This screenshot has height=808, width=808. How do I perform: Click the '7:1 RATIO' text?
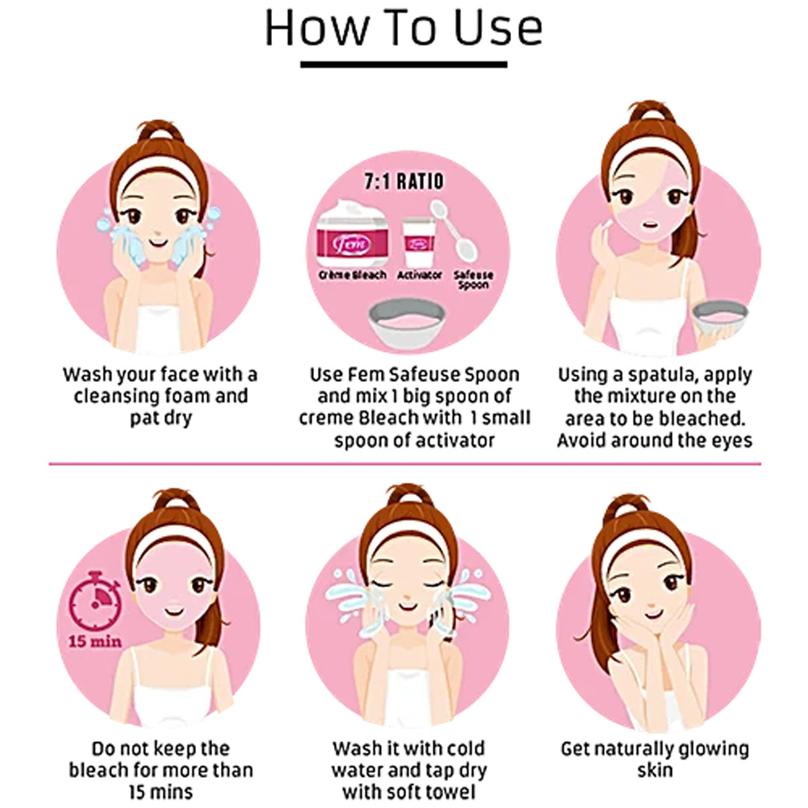point(404,182)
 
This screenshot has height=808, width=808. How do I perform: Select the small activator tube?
point(419,243)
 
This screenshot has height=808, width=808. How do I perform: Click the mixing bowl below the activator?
point(406,324)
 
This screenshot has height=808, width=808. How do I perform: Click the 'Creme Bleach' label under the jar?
point(352,275)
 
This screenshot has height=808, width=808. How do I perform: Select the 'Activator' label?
point(419,275)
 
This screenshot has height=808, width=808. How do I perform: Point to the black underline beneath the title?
point(404,65)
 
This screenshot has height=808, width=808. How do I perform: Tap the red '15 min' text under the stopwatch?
point(95,641)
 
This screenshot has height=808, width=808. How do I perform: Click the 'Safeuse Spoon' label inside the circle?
point(473,280)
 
